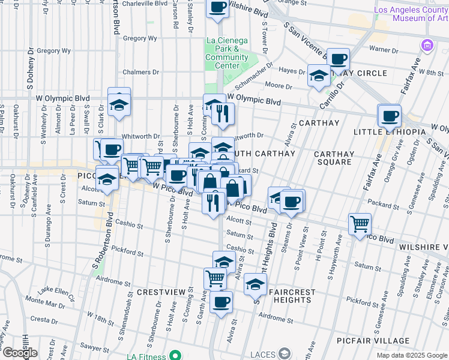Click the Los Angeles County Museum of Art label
[x=411, y=14]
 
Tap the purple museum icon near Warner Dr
[x=427, y=45]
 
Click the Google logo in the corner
[x=20, y=353]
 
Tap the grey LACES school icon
[x=285, y=354]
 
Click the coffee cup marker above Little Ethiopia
[x=390, y=115]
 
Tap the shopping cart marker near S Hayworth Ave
[x=360, y=224]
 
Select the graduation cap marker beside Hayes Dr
[x=318, y=76]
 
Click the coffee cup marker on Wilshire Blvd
[x=217, y=7]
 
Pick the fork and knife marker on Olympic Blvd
[x=222, y=114]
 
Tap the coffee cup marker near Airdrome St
[x=221, y=302]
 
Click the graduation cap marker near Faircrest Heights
[x=255, y=284]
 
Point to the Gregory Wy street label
[x=140, y=38]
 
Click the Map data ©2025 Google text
[x=411, y=355]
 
